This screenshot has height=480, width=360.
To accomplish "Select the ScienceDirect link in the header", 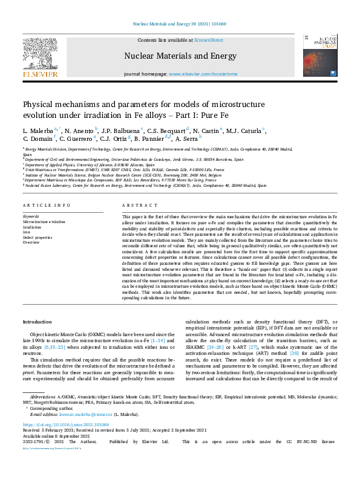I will pos(208,40).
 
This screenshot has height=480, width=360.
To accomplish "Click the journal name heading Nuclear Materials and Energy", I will pos(180,56).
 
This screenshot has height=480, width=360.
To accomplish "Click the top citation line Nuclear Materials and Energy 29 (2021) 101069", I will pos(180,24).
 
